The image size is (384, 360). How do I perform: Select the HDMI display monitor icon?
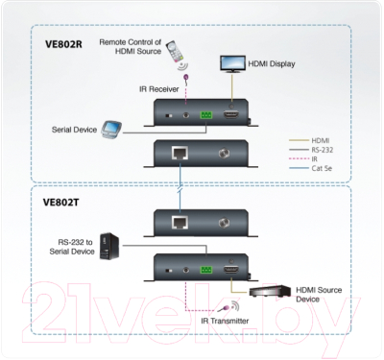point(231,63)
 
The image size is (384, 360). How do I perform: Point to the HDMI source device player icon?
point(271,290)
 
